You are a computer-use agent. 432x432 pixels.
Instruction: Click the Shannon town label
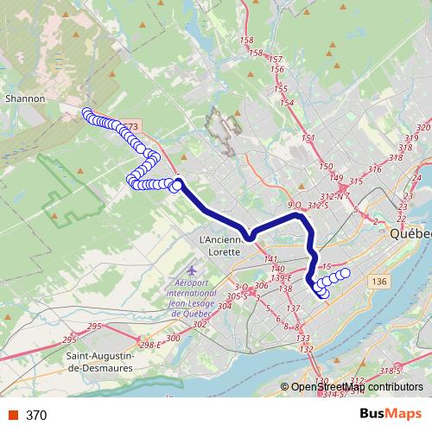coord(25,98)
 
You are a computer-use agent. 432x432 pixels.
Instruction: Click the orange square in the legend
coord(13,416)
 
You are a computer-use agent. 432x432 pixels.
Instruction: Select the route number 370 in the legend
coord(36,416)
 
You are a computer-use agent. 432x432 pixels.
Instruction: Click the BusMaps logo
coord(391,415)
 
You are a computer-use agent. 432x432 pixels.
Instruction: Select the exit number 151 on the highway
coord(308,139)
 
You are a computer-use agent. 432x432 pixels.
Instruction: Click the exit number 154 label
coord(287,103)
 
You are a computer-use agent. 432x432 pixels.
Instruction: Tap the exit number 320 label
coord(422,128)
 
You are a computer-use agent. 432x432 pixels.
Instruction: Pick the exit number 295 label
coord(94,326)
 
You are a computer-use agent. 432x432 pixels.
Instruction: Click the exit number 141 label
coord(270,259)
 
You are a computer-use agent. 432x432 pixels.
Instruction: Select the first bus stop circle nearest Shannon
coord(86,112)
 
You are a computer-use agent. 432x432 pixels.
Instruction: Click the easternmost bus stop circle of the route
coord(345,273)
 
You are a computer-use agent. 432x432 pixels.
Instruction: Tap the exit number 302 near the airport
coord(200,324)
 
